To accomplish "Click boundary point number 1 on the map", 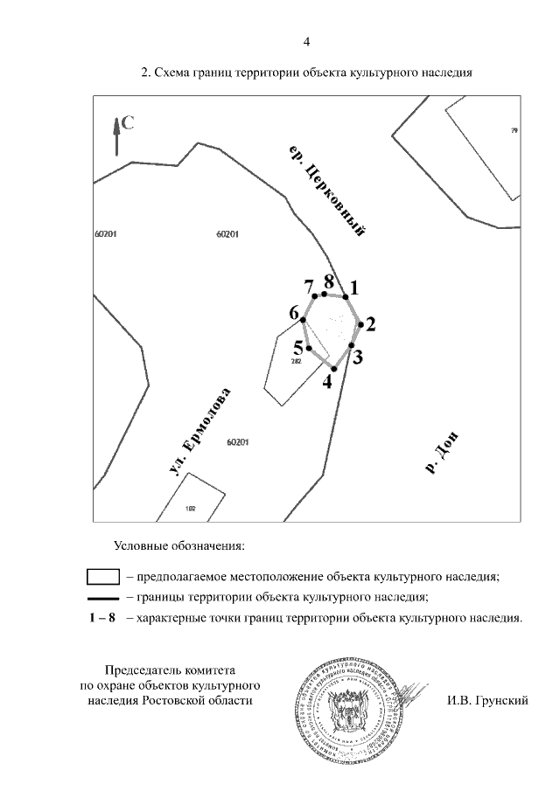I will (346, 297).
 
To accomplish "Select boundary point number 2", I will (360, 323).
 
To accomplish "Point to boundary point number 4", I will (334, 370).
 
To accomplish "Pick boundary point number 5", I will (309, 349).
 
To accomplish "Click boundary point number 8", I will (325, 294).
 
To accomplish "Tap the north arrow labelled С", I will (116, 135).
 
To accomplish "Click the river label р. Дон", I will (443, 453).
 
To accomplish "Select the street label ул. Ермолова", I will (199, 433).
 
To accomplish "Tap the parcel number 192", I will (191, 508).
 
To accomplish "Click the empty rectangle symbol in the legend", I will (103, 577).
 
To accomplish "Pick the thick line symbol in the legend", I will (103, 598).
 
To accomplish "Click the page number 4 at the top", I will (306, 41).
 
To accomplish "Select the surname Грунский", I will (500, 700).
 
